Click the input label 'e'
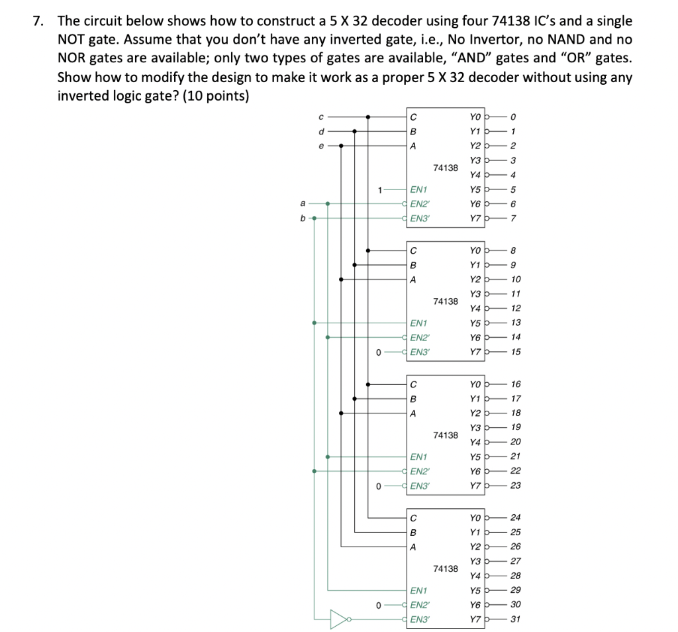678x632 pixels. coord(320,146)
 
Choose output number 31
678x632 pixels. coord(516,619)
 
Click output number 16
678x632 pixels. coord(516,384)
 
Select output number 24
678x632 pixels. coord(516,517)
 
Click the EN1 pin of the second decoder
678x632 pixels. coord(418,323)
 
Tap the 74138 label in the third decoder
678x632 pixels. coord(446,435)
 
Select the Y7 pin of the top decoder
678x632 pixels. coord(474,217)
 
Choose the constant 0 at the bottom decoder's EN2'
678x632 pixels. coord(378,604)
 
